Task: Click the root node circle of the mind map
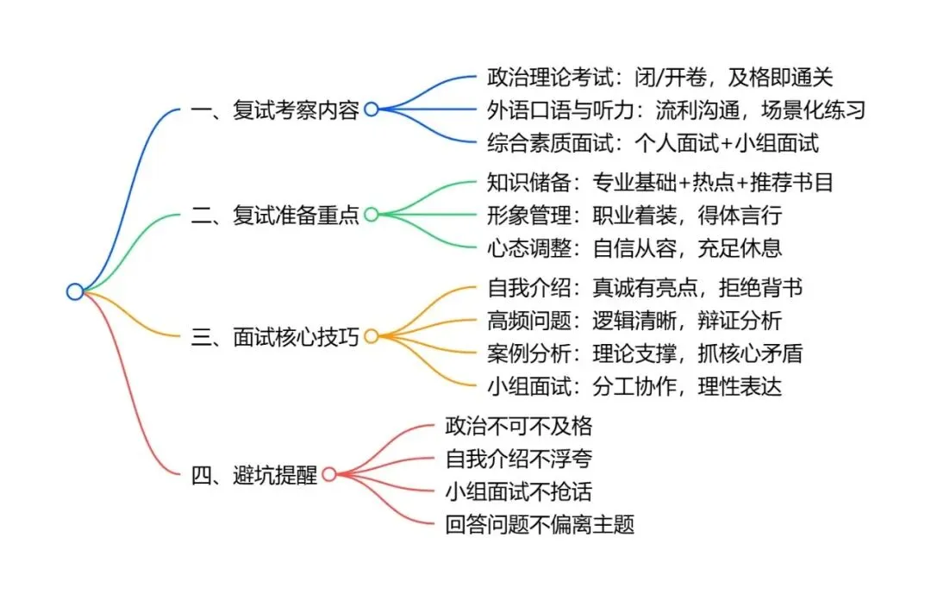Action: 75,292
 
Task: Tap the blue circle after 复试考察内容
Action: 372,109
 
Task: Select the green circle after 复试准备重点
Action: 372,215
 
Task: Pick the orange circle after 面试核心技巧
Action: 372,336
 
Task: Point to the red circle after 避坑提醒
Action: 328,474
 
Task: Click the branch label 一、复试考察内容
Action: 275,109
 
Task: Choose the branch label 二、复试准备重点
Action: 275,215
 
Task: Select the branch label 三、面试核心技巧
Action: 275,336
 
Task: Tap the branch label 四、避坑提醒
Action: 253,474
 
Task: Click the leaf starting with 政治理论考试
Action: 659,77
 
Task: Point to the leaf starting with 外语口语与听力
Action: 675,109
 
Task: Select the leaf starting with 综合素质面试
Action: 653,142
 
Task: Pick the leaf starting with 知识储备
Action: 659,182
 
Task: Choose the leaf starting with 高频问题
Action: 634,321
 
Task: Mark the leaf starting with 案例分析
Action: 647,353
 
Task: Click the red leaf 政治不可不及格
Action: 518,425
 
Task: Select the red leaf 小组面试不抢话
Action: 518,491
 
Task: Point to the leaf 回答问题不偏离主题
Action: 540,523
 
